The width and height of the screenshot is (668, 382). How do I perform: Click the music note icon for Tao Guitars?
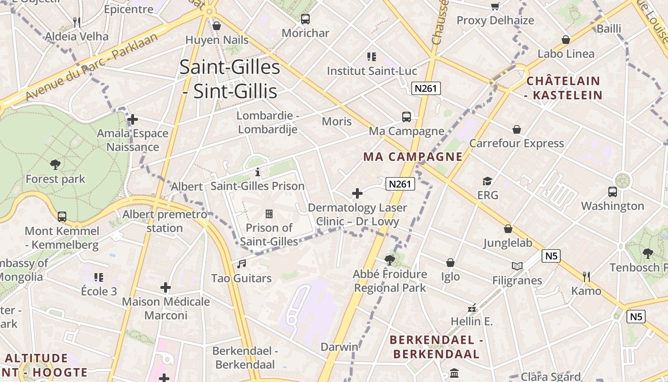click(x=242, y=264)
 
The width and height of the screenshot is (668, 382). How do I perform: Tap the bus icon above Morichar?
click(x=305, y=19)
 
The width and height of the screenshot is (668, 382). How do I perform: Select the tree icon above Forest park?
click(x=55, y=165)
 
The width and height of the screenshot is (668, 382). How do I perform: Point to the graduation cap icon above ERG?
click(x=487, y=181)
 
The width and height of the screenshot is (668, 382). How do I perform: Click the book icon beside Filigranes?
click(x=517, y=266)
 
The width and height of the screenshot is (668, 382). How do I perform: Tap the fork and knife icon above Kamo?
click(x=586, y=276)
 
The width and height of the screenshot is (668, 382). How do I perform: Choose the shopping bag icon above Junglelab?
click(x=508, y=229)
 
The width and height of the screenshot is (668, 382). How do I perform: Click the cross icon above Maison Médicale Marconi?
click(x=166, y=287)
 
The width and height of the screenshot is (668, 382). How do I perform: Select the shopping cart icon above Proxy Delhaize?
click(x=495, y=6)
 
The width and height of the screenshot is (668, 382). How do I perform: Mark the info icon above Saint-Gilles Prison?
click(x=258, y=172)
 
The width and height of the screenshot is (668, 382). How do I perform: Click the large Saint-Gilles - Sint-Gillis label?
click(x=230, y=79)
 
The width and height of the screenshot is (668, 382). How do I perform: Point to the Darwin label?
click(x=339, y=347)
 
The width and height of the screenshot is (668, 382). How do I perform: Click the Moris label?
click(x=336, y=121)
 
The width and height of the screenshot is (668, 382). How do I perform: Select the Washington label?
click(x=612, y=206)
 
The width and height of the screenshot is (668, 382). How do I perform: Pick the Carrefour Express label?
click(x=516, y=143)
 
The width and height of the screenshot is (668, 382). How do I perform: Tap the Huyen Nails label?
click(x=217, y=40)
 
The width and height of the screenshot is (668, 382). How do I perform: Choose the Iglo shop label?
click(x=450, y=276)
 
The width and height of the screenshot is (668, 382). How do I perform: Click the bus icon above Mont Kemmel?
click(x=62, y=216)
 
